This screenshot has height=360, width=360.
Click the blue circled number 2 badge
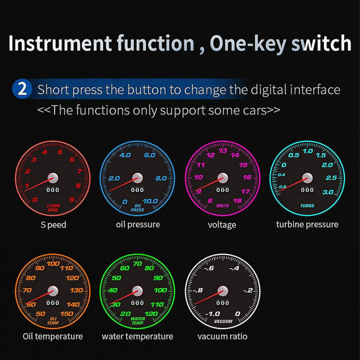coord(22,89)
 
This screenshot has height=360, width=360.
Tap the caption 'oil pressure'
coord(138,224)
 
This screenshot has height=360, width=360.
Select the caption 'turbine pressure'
coord(307,224)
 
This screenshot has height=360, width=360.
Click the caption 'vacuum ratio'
coord(222,336)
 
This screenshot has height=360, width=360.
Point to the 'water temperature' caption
coord(137,336)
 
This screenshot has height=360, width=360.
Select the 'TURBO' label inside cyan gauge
coord(307,206)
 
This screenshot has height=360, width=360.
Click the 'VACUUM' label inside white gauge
coord(223,321)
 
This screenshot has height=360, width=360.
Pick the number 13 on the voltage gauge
coord(223,151)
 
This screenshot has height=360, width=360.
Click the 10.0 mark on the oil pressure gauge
coord(150,201)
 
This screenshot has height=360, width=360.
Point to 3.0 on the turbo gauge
coord(328,192)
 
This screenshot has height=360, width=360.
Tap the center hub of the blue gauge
coord(138,178)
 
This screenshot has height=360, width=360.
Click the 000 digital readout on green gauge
coord(138,303)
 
